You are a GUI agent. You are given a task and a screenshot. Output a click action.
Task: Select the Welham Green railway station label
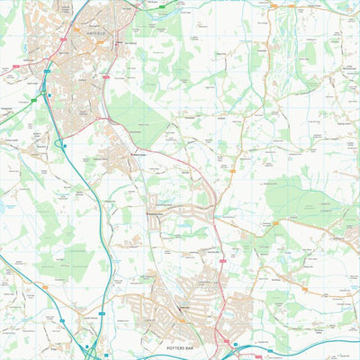point(139,155)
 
